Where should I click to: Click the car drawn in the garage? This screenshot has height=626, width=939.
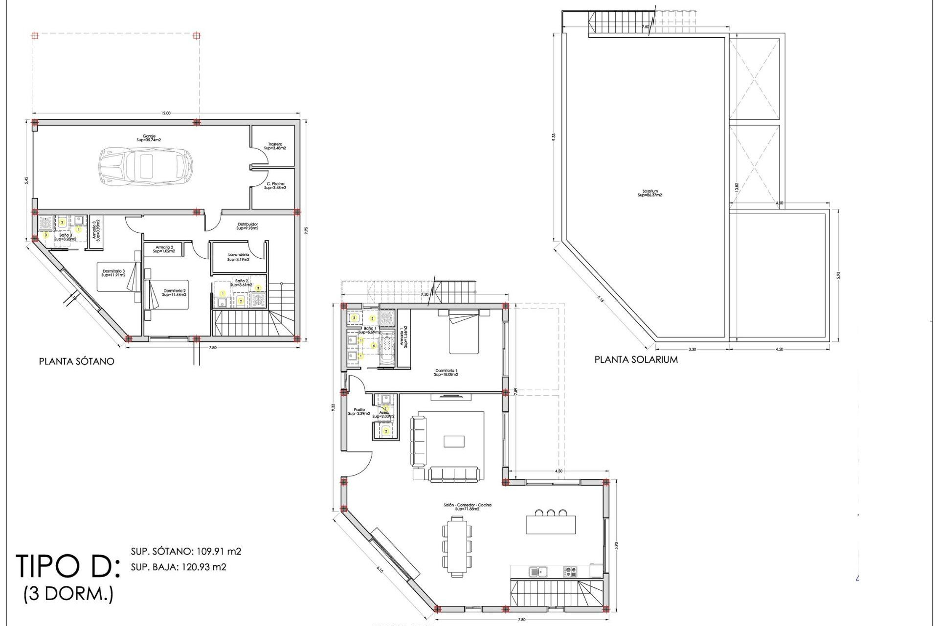coord(146,165)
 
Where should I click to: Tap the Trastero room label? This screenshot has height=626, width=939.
coord(275,146)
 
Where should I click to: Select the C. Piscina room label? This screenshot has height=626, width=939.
coord(275,186)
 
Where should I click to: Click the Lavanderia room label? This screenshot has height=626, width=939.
coord(238,257)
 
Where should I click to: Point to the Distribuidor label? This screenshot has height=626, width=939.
coord(247,226)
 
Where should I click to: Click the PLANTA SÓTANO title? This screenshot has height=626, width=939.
coord(77,361)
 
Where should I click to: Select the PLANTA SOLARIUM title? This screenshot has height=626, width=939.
coord(636,359)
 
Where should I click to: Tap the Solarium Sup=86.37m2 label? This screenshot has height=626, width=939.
coord(650,193)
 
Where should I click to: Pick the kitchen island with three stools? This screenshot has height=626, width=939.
coord(551,524)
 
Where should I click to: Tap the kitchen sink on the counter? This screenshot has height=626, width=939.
coord(538,571)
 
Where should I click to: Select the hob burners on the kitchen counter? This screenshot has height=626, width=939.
coord(570,571)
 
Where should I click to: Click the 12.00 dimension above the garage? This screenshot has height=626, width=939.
coord(166,113)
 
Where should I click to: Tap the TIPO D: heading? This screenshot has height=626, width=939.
coord(67,566)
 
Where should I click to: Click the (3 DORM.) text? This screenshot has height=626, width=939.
coord(68,594)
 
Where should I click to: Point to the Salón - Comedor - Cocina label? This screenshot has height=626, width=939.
coord(467,507)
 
